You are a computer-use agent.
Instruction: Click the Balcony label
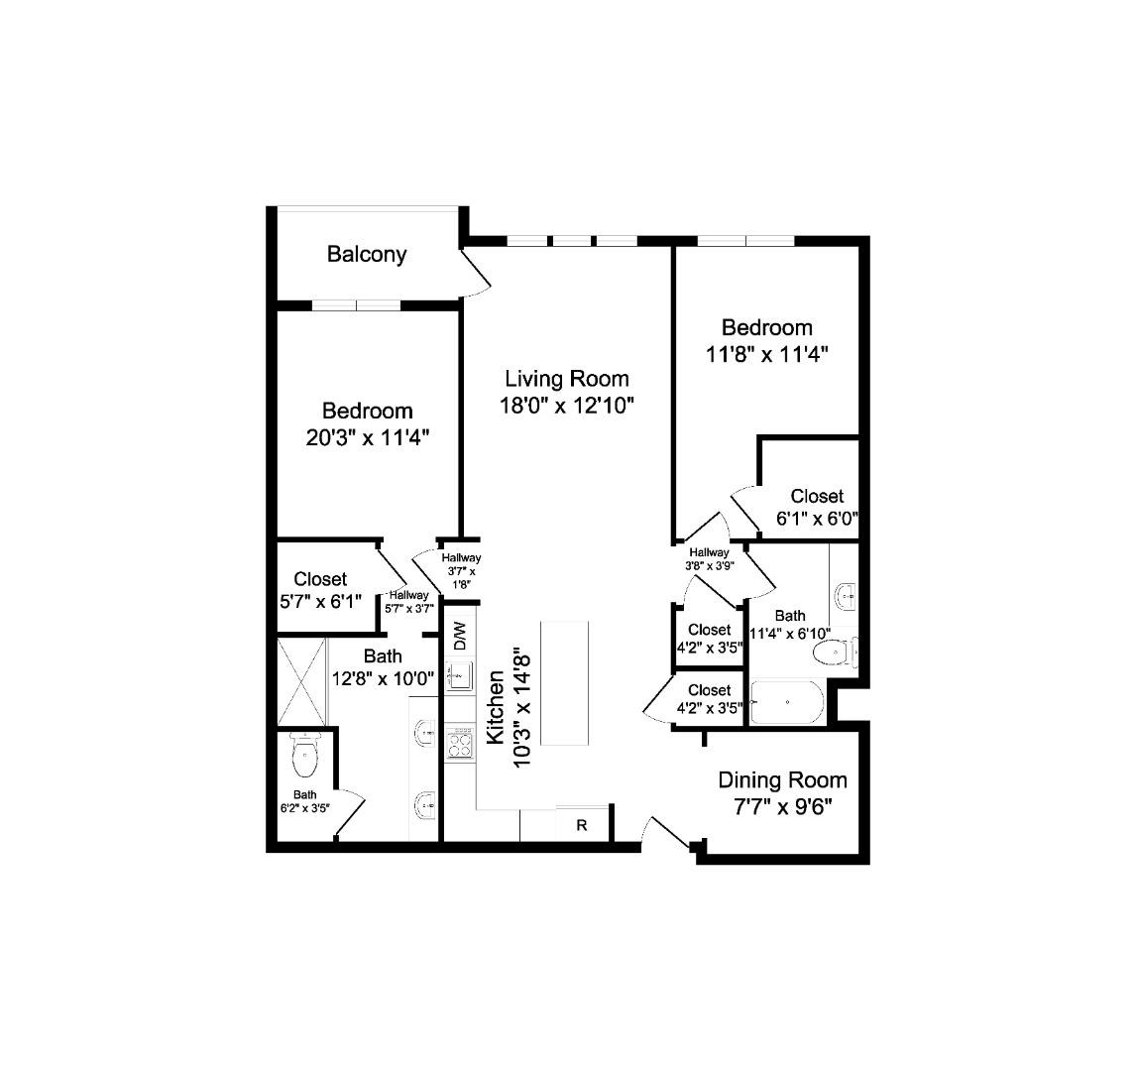point(367,254)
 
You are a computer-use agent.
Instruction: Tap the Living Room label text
point(566,379)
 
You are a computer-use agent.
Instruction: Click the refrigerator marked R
point(582,825)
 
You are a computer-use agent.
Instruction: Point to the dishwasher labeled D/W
point(460,635)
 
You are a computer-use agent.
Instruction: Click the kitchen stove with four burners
point(459,743)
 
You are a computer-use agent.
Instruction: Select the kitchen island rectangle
point(564,683)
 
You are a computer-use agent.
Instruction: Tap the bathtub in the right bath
point(787,703)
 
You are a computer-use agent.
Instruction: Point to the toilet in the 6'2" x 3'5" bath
point(305,759)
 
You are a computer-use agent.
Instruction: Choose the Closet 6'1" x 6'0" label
point(817,507)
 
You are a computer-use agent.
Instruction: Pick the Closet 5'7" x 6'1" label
point(320,590)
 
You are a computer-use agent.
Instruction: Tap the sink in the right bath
point(846,597)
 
